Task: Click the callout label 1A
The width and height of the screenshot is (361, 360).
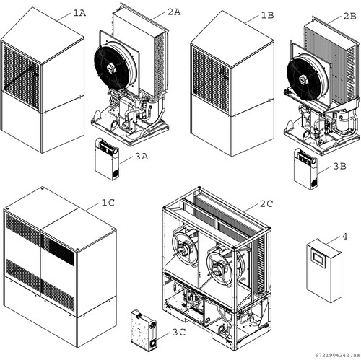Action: [79, 13]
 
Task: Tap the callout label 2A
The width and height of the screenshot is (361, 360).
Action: [174, 12]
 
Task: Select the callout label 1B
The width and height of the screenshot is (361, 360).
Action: [267, 15]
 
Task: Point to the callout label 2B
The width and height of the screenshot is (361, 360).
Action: [349, 16]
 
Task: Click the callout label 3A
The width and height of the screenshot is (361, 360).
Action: [142, 157]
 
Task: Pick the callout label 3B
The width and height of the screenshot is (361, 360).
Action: [340, 166]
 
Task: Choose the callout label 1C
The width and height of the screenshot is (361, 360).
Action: [108, 203]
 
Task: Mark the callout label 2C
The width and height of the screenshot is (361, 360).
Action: [266, 204]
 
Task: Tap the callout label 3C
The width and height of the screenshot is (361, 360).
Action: [179, 332]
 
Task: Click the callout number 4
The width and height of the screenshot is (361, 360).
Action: [345, 237]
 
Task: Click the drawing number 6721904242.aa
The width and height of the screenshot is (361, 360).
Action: [337, 355]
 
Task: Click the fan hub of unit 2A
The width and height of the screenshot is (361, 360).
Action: [111, 69]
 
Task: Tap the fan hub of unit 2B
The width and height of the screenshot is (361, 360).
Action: [304, 79]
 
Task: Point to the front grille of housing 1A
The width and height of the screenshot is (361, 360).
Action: [21, 76]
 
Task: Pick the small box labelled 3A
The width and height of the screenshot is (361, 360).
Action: [107, 159]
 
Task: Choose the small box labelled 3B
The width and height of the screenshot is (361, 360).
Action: [305, 169]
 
